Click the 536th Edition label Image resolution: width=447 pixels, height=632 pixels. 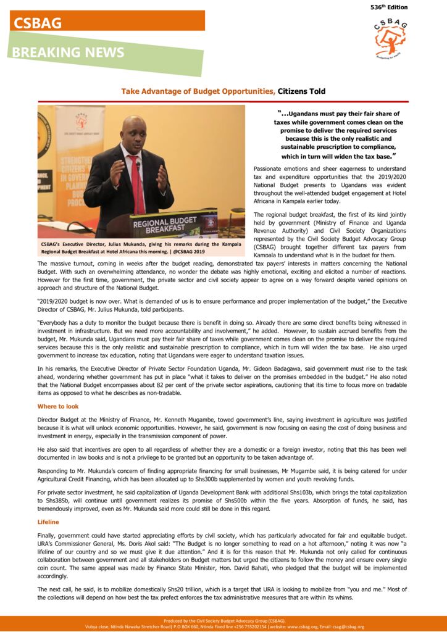[389, 7]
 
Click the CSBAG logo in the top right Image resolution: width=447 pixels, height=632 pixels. [390, 38]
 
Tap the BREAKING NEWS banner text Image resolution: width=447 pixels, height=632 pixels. [68, 53]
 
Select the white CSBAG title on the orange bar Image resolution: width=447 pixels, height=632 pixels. [38, 23]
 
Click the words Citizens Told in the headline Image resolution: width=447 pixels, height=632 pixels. [301, 91]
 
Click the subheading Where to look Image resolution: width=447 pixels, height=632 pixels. [58, 406]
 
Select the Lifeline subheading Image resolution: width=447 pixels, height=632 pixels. [48, 522]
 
